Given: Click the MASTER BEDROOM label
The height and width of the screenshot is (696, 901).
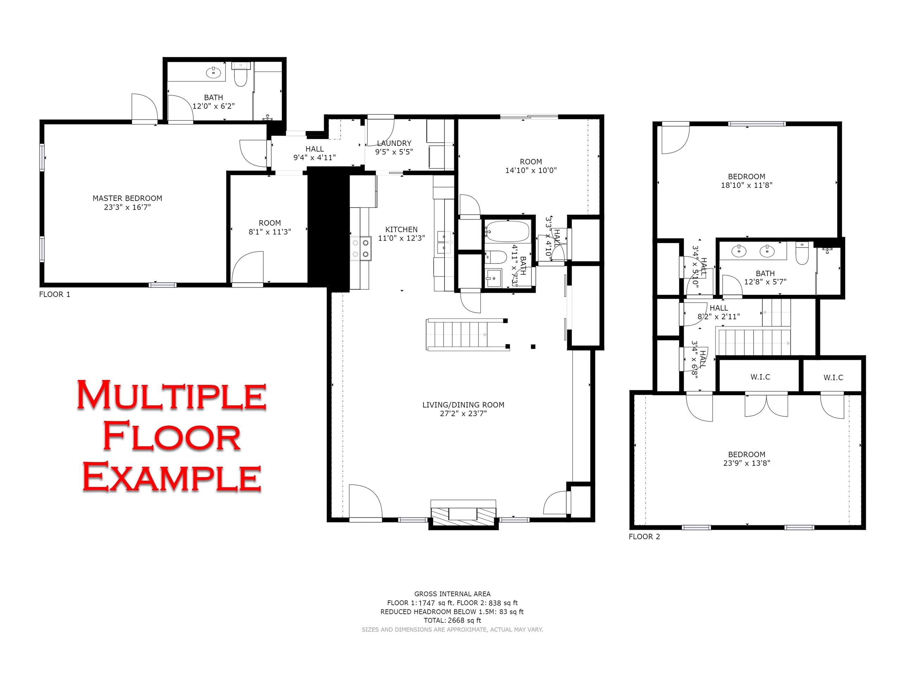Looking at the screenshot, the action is click(x=127, y=198).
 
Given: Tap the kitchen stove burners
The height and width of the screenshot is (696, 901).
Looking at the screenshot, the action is click(x=360, y=249).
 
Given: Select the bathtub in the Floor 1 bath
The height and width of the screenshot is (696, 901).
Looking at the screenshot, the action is click(x=507, y=232).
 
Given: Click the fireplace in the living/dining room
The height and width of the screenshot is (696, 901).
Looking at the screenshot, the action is click(x=463, y=514).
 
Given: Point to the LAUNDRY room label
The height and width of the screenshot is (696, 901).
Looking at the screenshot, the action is click(x=394, y=143).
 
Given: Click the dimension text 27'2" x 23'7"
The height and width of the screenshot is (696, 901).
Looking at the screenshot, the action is click(x=463, y=413).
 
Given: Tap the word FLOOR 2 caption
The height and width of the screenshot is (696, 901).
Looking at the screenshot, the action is click(x=644, y=537).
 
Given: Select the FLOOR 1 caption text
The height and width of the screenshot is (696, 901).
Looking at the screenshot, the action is click(x=55, y=295).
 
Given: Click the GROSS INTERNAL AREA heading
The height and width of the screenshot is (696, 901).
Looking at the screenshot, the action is click(x=452, y=594).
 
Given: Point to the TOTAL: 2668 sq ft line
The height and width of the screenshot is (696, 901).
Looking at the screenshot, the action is click(x=452, y=620).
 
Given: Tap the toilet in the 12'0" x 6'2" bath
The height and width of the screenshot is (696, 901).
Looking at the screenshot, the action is click(x=240, y=74).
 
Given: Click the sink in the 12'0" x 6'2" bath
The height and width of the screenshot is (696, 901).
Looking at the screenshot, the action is click(x=213, y=72).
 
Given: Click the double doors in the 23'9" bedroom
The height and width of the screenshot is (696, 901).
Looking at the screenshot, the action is click(x=766, y=406).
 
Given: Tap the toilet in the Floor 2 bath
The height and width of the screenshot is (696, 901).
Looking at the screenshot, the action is click(x=802, y=253).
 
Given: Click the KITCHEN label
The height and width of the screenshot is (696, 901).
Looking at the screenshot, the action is click(x=402, y=229).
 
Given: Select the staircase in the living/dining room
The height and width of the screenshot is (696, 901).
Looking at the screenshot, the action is click(x=467, y=335).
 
